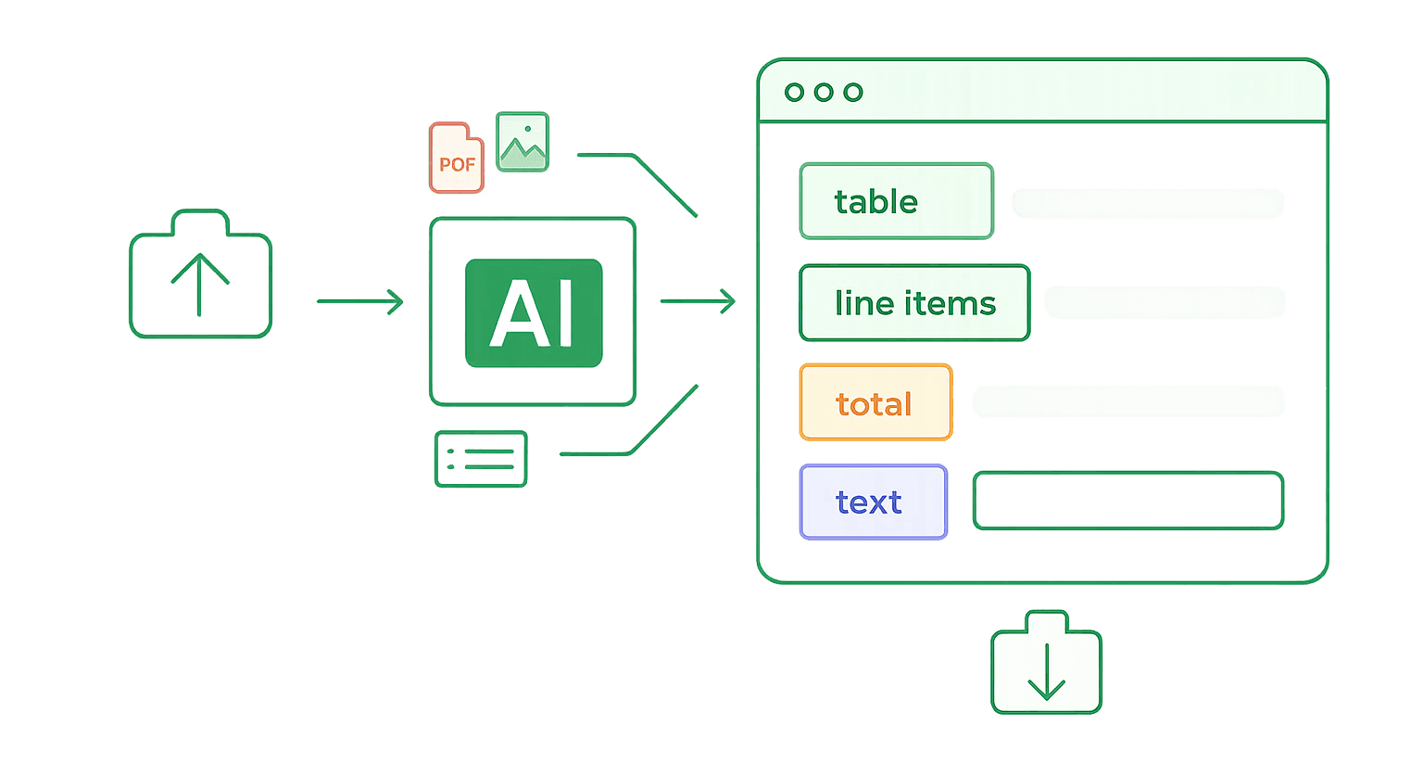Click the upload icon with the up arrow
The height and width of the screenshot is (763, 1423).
click(200, 274)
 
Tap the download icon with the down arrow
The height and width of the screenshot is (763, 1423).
click(1046, 663)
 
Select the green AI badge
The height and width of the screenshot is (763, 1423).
click(534, 312)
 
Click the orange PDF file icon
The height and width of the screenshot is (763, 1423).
click(456, 158)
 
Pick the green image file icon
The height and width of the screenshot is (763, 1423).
click(523, 142)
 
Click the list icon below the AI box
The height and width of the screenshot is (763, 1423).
click(481, 459)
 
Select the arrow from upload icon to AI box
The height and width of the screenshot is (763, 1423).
click(360, 301)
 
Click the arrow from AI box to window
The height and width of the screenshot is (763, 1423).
click(699, 300)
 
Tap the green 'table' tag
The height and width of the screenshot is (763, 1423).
click(897, 201)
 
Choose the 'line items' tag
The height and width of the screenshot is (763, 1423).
click(914, 302)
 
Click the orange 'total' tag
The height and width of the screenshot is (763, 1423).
click(876, 401)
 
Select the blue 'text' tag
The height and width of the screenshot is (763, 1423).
click(874, 502)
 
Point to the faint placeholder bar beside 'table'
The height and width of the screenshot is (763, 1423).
click(1148, 203)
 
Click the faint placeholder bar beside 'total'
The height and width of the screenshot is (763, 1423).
click(1128, 401)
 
